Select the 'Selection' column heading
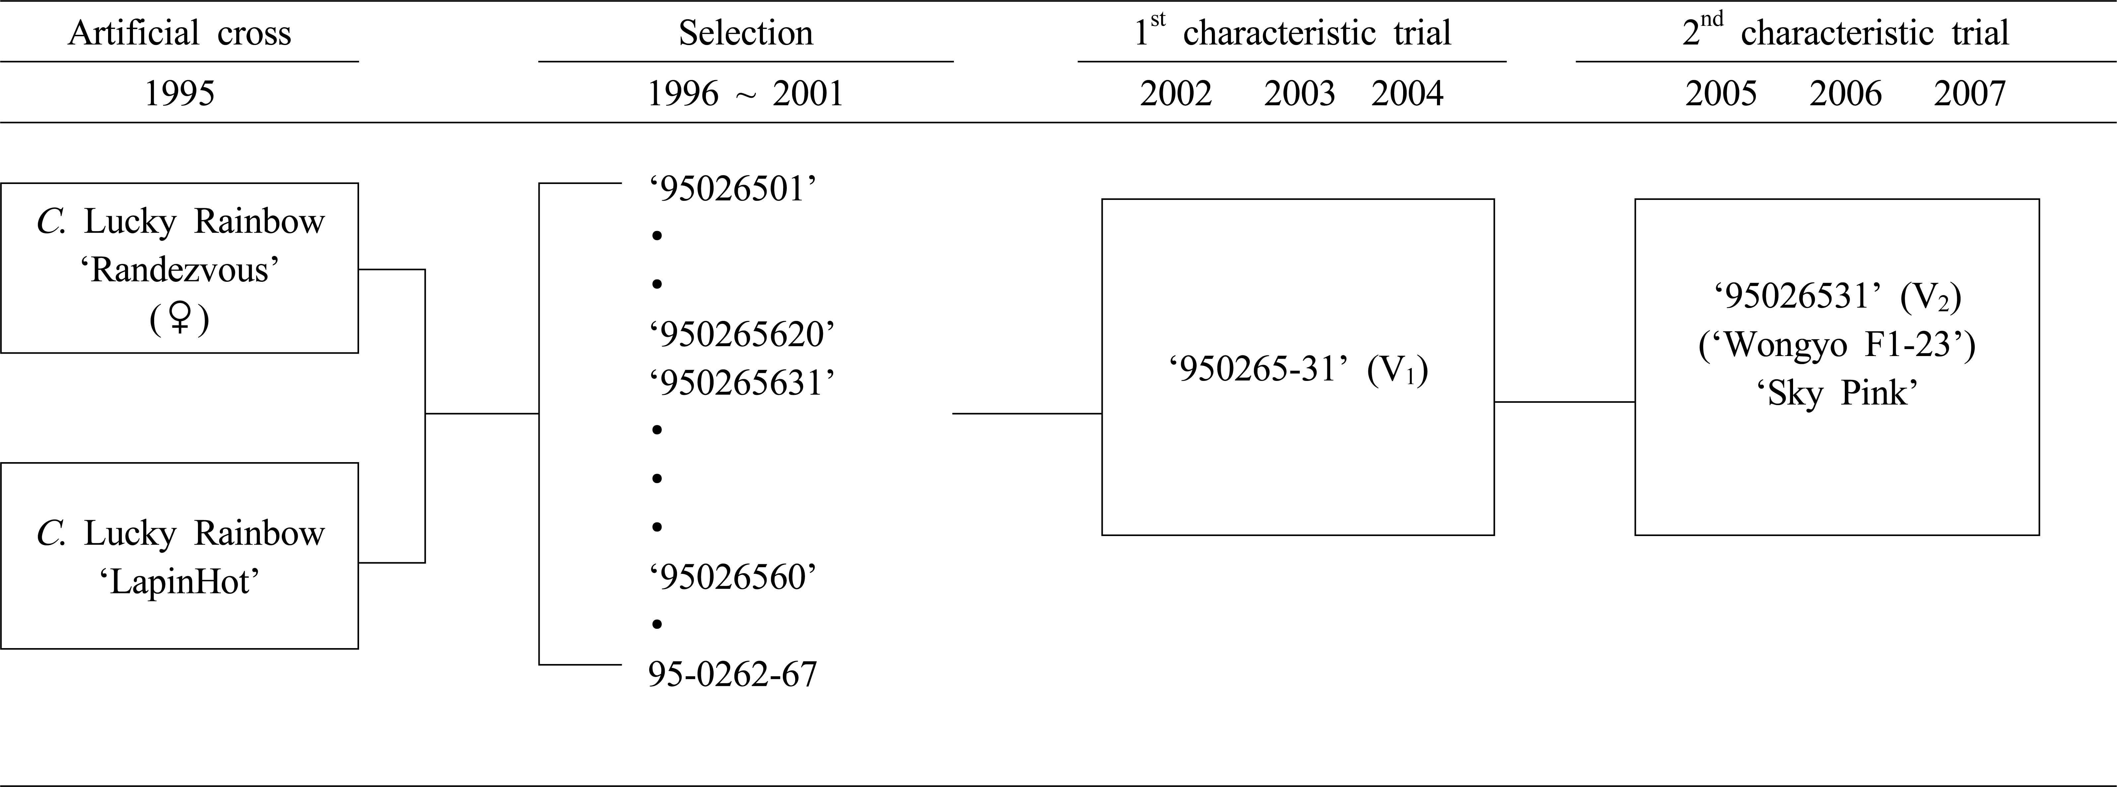745,33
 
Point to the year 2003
1299,94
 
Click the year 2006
1845,94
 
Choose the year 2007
1970,94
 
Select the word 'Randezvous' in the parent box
180,270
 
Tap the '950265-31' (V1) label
1298,370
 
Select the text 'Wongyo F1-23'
1837,344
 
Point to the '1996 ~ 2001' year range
745,94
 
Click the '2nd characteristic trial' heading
1845,31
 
